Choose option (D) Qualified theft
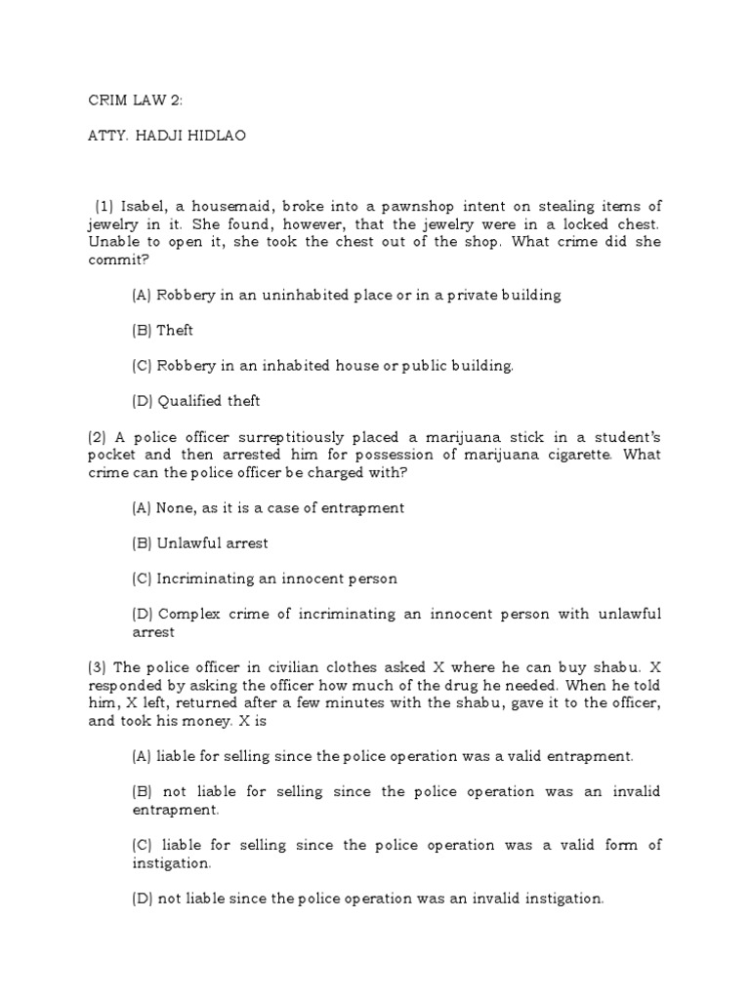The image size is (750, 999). pyautogui.click(x=195, y=400)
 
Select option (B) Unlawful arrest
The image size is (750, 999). pyautogui.click(x=199, y=542)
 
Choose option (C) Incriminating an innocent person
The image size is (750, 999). pyautogui.click(x=264, y=579)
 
